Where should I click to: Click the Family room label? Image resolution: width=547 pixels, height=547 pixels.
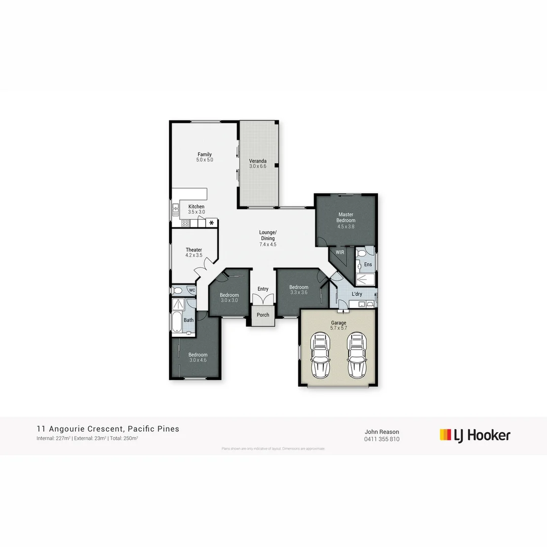[205, 157]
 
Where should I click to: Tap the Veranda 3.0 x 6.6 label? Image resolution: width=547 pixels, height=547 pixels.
[257, 164]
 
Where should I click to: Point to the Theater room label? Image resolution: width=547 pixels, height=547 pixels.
[193, 252]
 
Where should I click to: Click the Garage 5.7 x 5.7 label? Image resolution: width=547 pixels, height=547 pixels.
[338, 325]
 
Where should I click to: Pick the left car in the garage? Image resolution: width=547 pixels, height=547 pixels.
[320, 356]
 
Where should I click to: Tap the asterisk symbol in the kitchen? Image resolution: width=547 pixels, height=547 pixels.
[211, 223]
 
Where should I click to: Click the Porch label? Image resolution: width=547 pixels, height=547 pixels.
[263, 315]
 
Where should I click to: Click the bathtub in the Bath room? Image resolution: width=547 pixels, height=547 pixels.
[177, 325]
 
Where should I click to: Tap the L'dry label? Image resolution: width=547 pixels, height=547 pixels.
[357, 294]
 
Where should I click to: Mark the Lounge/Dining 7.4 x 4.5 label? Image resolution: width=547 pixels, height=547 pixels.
[267, 238]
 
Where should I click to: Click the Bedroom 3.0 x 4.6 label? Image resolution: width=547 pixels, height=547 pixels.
[198, 358]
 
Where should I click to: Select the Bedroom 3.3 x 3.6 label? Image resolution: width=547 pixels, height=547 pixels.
[298, 290]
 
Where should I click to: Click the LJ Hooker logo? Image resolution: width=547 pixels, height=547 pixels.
[475, 435]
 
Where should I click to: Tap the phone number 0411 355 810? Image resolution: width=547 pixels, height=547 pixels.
[381, 439]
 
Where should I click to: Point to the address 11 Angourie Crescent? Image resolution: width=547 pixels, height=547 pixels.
[107, 429]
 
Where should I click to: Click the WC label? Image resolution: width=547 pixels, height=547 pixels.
[191, 290]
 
